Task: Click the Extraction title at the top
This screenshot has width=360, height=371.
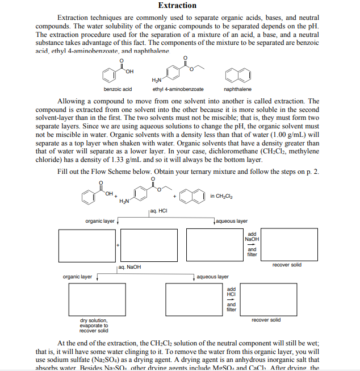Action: pyautogui.click(x=177, y=6)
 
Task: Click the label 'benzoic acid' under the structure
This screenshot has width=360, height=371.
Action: pyautogui.click(x=118, y=89)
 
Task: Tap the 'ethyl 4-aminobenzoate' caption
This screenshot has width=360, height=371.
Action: pyautogui.click(x=178, y=89)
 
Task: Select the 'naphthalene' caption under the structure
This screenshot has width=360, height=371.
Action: pyautogui.click(x=238, y=89)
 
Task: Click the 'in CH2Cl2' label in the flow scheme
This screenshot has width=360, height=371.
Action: pyautogui.click(x=221, y=196)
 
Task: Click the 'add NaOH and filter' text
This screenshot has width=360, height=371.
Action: pyautogui.click(x=252, y=244)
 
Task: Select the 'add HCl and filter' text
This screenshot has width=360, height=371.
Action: pyautogui.click(x=232, y=299)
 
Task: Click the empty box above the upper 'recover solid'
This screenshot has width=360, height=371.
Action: pyautogui.click(x=282, y=245)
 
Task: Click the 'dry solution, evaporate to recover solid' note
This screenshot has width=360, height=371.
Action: pyautogui.click(x=94, y=326)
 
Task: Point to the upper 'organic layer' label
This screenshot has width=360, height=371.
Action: pyautogui.click(x=99, y=220)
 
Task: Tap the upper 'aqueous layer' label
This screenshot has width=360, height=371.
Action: pyautogui.click(x=233, y=220)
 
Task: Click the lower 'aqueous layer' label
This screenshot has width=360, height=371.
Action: pyautogui.click(x=212, y=277)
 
